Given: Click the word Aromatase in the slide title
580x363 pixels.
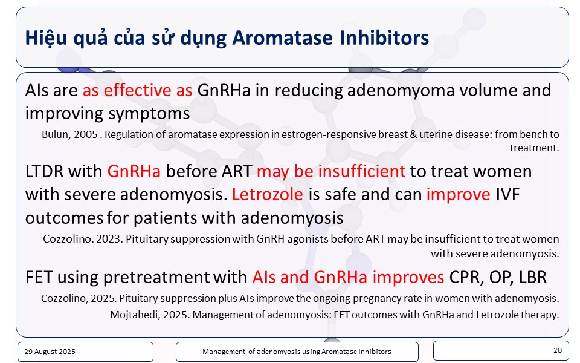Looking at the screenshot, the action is (283, 38).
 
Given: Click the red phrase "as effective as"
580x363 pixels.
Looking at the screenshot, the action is (137, 90).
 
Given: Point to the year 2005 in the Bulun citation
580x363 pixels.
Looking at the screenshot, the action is (85, 134).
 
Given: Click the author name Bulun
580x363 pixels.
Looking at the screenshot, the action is (56, 134).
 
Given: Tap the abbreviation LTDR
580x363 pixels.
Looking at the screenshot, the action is (44, 171).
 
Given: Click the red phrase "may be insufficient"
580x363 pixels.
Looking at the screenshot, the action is (331, 171).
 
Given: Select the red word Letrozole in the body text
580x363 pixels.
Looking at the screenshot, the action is (268, 194).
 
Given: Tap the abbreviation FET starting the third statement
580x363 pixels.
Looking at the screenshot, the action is (39, 278).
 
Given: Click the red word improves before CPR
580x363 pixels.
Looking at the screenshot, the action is (408, 278).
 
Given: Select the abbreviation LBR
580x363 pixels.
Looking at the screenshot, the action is (533, 278).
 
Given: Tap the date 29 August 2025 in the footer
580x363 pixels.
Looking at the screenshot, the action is (50, 352).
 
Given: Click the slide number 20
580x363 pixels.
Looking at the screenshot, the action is (558, 350).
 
